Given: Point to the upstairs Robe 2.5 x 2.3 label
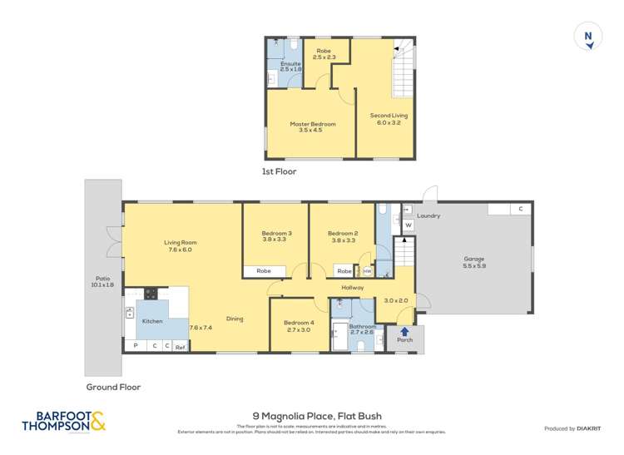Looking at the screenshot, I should pyautogui.click(x=323, y=53).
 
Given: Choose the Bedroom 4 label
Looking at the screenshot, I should pyautogui.click(x=299, y=326).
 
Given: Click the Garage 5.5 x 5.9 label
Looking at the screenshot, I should pyautogui.click(x=473, y=262).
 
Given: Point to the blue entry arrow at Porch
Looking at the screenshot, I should pyautogui.click(x=405, y=331).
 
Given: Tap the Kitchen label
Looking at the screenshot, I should pyautogui.click(x=152, y=320).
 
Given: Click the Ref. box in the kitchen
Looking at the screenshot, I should pyautogui.click(x=180, y=346).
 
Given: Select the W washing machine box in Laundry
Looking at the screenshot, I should pyautogui.click(x=408, y=225).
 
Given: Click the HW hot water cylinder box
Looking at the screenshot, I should pyautogui.click(x=367, y=271).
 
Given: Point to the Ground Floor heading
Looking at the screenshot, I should pyautogui.click(x=113, y=387).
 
